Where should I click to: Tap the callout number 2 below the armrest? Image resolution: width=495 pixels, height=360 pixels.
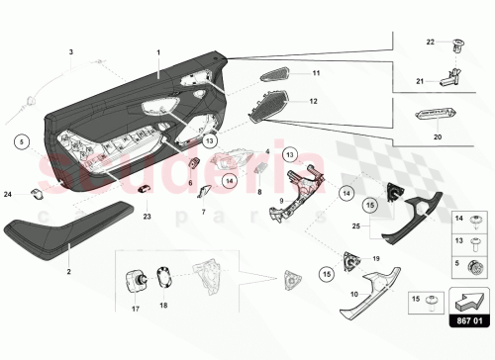[x=68, y=270]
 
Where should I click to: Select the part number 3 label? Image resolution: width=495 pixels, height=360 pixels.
[x=70, y=49]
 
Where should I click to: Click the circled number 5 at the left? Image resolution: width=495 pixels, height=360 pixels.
[x=22, y=141]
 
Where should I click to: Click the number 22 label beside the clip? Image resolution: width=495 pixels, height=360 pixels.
[x=431, y=43]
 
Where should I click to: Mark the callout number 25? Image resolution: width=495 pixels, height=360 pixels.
[x=355, y=226]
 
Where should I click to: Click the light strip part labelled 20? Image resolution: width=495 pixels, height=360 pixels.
[x=433, y=116]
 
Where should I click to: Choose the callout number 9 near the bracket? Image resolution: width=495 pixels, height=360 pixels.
[x=282, y=201]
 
